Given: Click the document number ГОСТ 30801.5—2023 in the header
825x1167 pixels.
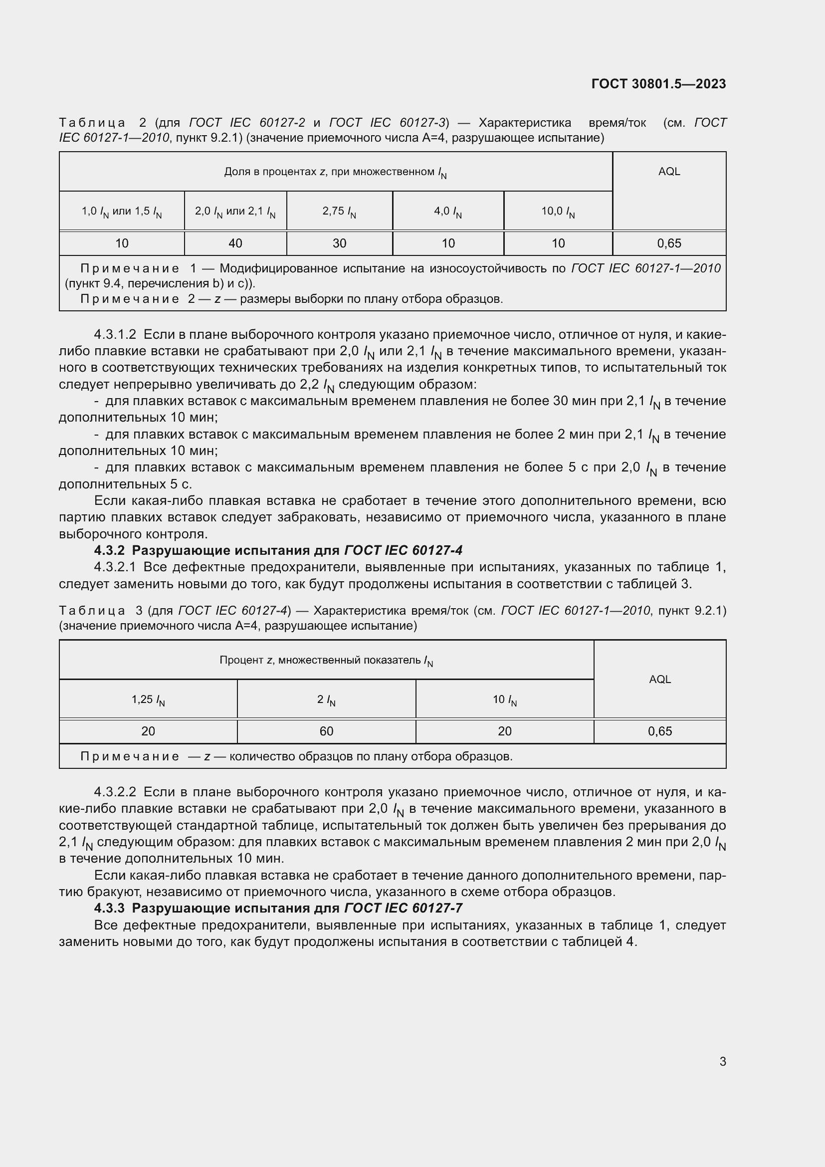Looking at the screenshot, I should pos(658,84).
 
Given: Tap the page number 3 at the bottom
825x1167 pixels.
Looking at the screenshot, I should pos(722,1061).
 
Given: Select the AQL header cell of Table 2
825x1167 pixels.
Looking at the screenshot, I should pos(668,172).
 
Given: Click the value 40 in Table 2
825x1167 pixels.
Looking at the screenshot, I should pos(235,243).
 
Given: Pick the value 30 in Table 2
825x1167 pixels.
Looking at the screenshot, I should pos(339,243).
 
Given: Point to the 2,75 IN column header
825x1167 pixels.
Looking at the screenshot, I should pos(339,211).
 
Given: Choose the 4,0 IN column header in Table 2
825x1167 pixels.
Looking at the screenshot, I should pos(447,211).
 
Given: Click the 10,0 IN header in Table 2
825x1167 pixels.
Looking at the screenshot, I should pos(558,211).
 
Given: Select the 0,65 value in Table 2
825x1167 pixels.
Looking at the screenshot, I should pos(668,243).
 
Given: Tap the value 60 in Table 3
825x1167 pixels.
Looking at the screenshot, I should pos(326,731).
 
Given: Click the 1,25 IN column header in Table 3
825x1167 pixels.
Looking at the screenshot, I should pos(148,700).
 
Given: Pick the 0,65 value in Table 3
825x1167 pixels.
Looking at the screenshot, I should pos(659,731).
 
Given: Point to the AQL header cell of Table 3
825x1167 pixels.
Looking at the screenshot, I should pos(659,680).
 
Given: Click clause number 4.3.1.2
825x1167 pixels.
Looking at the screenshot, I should pos(115,335).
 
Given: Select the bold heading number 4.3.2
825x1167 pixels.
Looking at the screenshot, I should pos(109,550).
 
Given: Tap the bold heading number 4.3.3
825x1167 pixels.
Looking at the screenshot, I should pos(109,908).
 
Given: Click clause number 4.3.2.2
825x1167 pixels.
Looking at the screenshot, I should pos(115,792).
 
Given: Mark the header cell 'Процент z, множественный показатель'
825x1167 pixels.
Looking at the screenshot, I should pos(326,660).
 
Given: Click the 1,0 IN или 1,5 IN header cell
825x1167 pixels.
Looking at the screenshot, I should pos(122,211).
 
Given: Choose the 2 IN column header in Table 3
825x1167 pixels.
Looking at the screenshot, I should pos(326,700).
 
